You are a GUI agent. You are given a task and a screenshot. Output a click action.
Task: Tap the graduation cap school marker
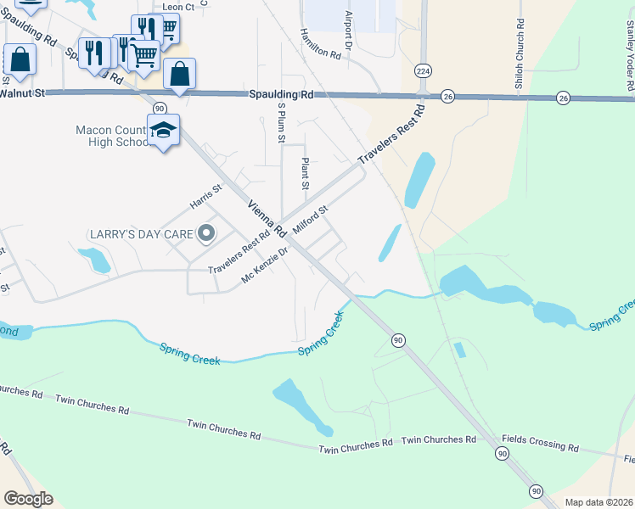click(163, 131)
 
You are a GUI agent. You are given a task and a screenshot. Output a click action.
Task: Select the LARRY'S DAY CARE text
click(141, 233)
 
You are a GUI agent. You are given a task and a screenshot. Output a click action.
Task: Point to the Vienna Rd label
click(262, 219)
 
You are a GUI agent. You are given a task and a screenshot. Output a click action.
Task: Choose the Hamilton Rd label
click(320, 42)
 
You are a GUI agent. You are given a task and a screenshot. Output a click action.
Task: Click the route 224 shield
click(423, 70)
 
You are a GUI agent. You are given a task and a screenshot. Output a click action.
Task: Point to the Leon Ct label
click(178, 7)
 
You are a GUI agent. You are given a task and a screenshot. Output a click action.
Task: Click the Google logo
click(29, 499)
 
